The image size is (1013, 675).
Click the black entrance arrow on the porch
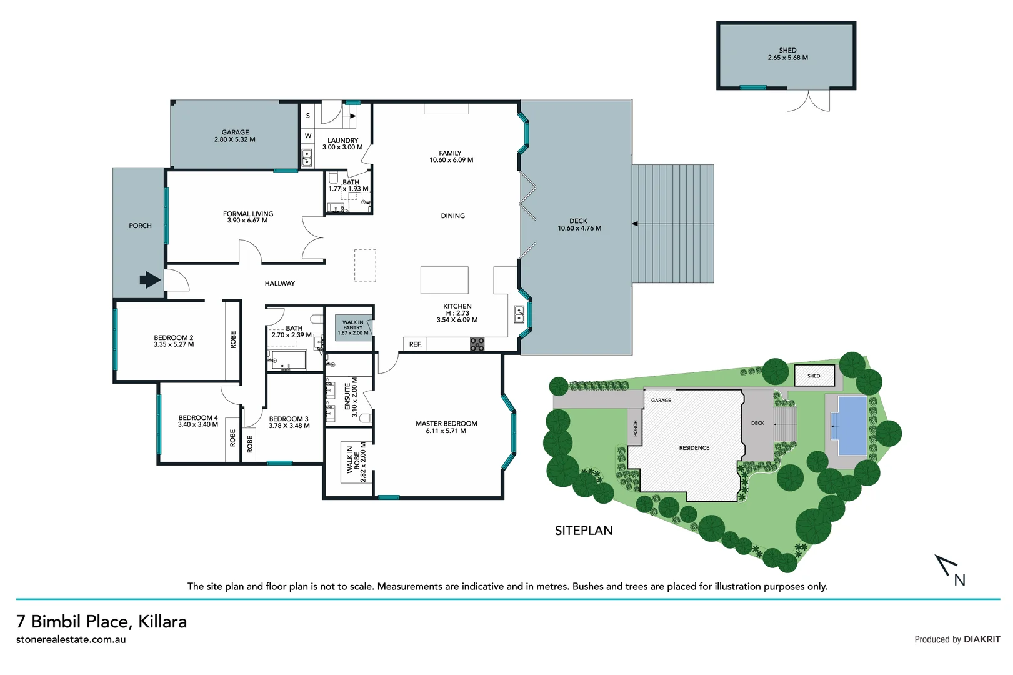tap(149, 279)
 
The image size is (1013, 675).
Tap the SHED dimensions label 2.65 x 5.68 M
tap(787, 57)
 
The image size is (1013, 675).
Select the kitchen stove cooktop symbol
tap(477, 344)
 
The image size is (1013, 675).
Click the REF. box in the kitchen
tap(416, 344)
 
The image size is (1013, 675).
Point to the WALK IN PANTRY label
tap(353, 327)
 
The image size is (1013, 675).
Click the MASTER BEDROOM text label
tap(446, 424)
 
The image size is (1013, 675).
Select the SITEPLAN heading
tap(584, 531)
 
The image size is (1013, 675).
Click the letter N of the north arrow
tap(960, 580)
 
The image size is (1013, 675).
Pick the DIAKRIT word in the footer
tap(982, 639)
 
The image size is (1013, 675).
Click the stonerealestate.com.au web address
tap(71, 639)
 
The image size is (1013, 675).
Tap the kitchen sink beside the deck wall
tap(519, 314)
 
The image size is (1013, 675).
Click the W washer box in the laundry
tap(308, 136)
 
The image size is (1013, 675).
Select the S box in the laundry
tap(308, 116)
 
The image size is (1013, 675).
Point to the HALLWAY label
tap(279, 283)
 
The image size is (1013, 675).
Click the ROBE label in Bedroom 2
tap(233, 339)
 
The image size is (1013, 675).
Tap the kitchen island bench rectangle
tap(444, 280)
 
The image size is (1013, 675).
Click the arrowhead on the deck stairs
tap(635, 224)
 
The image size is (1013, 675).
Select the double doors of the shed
tap(808, 101)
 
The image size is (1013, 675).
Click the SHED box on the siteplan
tap(814, 376)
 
